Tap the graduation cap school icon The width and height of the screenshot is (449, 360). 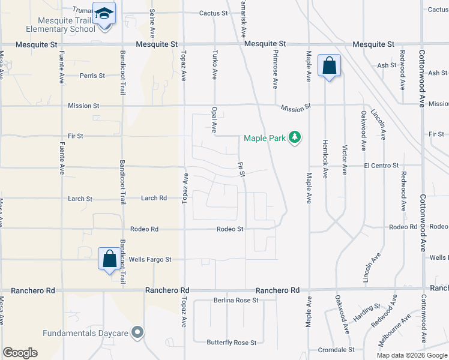point(104,13)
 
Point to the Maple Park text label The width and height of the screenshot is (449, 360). point(264,139)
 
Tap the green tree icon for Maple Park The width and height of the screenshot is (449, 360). point(294,138)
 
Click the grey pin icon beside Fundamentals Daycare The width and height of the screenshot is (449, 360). point(138,332)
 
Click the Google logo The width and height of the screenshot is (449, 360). point(20,353)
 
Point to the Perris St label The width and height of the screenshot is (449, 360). point(92,76)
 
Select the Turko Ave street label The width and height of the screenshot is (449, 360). point(214,65)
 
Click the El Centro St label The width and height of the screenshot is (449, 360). point(381,166)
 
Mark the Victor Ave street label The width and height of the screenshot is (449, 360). point(345,160)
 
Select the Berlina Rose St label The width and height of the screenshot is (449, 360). point(236,300)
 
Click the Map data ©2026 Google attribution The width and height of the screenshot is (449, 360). point(412,355)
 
